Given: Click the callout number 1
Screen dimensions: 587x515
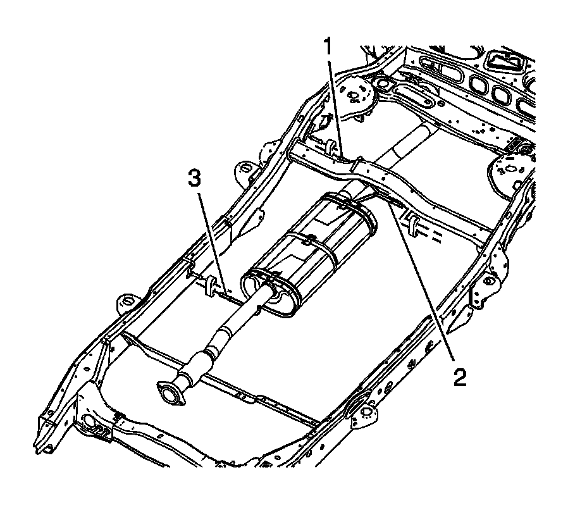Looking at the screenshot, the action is tap(327, 46).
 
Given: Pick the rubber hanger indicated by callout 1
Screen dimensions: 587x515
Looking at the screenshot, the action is tap(330, 149).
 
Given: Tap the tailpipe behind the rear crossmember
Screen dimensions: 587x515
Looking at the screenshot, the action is tap(407, 143).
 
